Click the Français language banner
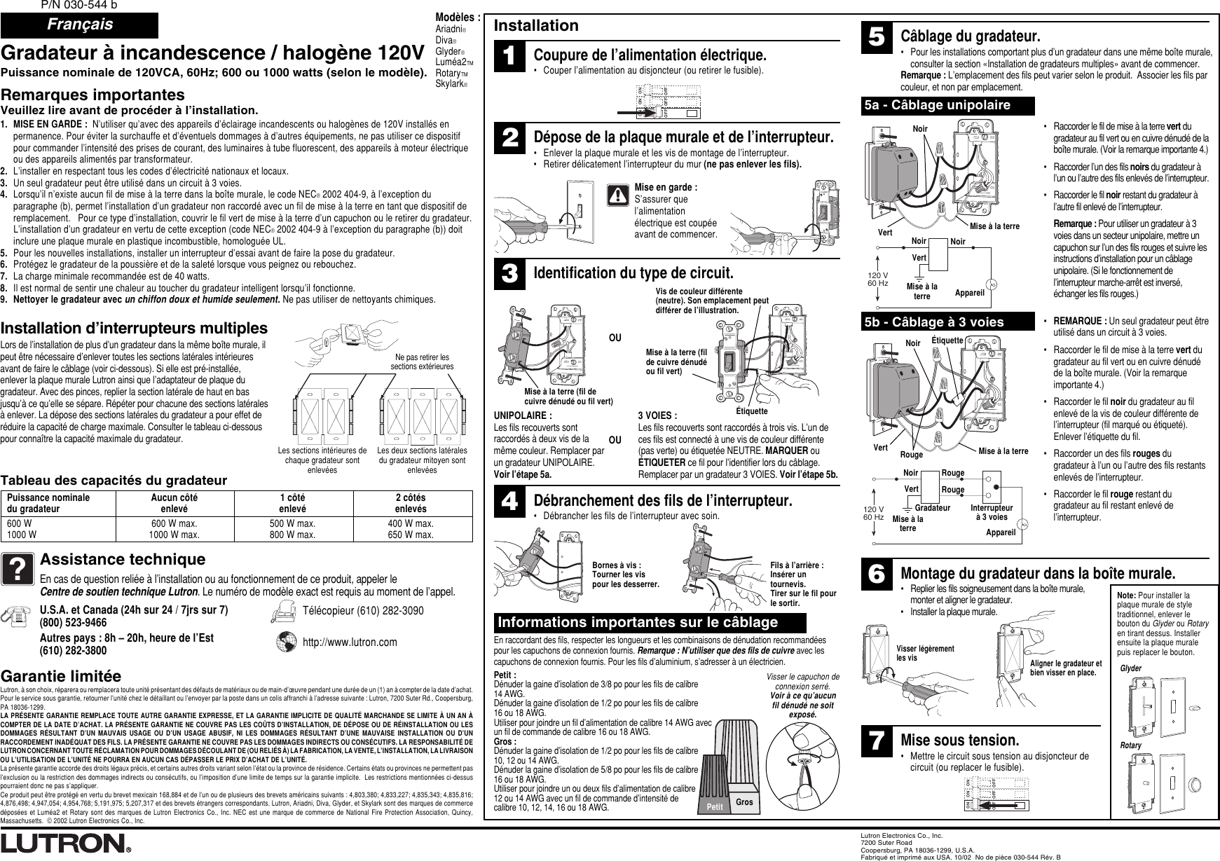pos(79,25)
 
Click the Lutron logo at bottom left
pos(66,843)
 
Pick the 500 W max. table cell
pos(292,524)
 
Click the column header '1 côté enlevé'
pos(292,502)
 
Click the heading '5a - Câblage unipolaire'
pos(947,106)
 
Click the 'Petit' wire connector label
pos(715,807)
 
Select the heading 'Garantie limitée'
pos(62,677)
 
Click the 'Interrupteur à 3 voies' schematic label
pos(992,513)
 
